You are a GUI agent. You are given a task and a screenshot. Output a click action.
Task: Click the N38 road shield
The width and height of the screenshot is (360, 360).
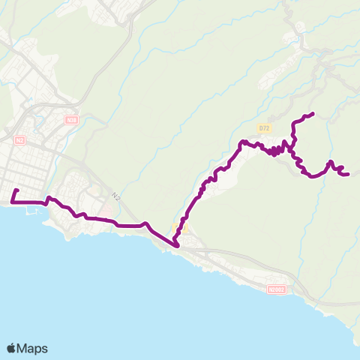(71, 119)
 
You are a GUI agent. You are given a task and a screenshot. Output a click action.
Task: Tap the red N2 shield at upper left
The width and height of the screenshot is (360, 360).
(19, 139)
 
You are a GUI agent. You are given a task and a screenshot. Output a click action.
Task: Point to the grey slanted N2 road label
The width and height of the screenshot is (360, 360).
(115, 196)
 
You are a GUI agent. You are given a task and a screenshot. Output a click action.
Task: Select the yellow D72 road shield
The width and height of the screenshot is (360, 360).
(262, 128)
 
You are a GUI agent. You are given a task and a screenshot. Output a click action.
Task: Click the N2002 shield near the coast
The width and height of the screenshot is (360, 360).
(276, 288)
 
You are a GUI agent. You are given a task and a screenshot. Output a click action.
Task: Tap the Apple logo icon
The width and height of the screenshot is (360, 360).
(11, 348)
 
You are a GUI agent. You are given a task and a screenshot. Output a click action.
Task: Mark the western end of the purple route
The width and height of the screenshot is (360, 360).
(16, 190)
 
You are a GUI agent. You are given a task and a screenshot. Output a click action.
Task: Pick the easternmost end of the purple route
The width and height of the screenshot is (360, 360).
(349, 175)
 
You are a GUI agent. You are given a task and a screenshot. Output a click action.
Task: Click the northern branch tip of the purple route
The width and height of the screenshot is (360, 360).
(312, 113)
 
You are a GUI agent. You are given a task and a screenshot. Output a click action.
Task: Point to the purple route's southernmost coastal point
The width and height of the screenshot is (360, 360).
(176, 244)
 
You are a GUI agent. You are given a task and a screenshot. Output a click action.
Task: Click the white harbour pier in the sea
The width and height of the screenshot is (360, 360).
(31, 211)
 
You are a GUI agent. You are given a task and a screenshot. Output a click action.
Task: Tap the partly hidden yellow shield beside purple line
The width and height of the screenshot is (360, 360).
(178, 227)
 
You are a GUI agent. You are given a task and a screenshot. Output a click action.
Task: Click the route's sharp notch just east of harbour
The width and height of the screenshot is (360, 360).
(49, 199)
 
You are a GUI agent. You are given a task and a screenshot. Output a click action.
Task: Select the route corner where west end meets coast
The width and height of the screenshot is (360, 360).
(13, 202)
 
